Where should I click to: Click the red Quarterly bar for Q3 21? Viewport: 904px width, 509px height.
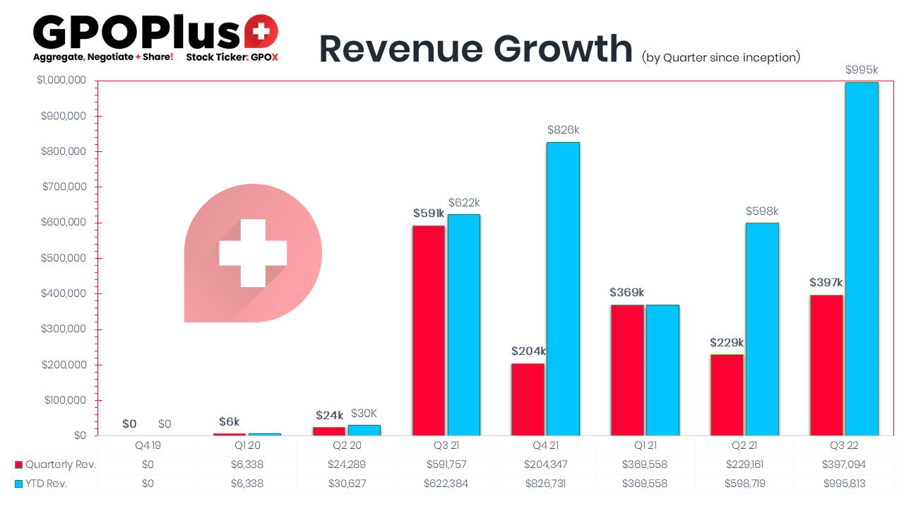429,330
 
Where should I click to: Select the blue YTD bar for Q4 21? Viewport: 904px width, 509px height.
563,288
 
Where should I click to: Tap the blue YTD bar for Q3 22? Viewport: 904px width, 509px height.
862,259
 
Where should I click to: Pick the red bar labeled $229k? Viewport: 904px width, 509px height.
727,394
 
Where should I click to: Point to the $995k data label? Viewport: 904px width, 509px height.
862,70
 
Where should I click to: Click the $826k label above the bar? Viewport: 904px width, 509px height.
563,130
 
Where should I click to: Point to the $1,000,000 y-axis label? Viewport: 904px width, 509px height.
61,81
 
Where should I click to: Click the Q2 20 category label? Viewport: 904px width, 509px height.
346,446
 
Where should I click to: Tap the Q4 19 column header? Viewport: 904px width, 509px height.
147,446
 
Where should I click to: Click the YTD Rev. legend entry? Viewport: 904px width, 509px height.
49,483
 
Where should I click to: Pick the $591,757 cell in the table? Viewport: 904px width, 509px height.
446,464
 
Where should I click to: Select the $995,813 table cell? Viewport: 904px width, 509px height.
843,483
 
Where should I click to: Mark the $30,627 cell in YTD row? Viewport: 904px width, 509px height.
346,483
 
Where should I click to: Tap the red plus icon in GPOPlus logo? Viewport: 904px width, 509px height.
261,31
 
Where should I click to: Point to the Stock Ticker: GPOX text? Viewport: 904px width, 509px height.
232,57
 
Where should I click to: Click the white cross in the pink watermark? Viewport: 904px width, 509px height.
253,253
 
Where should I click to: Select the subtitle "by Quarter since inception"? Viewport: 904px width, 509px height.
721,57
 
